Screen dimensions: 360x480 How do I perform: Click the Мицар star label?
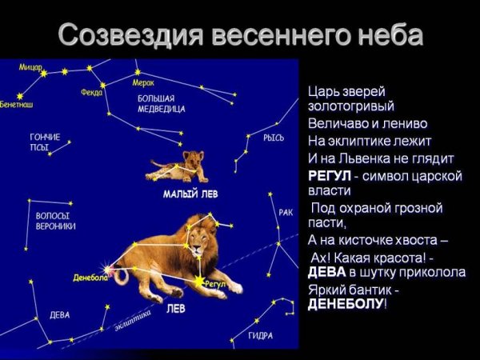click(30, 67)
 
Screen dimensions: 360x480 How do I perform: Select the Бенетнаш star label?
click(17, 104)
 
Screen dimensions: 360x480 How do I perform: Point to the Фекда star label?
click(92, 92)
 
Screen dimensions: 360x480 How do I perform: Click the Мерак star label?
click(144, 82)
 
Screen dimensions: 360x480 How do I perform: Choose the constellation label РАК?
click(286, 212)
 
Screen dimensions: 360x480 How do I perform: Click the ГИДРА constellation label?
click(261, 335)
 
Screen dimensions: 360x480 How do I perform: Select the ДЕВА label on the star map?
click(59, 314)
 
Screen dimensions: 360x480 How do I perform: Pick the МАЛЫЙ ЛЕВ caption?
click(190, 194)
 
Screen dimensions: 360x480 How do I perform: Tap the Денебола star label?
click(90, 278)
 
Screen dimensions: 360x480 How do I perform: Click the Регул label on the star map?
click(216, 283)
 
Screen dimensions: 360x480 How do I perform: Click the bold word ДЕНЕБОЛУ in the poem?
click(346, 305)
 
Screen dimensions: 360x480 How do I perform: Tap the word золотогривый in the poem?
click(350, 106)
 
